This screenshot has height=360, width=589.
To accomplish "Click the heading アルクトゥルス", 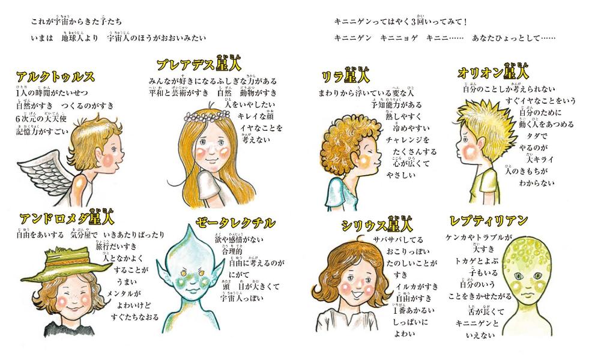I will coord(55,77).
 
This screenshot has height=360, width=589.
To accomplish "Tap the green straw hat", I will coord(59,262).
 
